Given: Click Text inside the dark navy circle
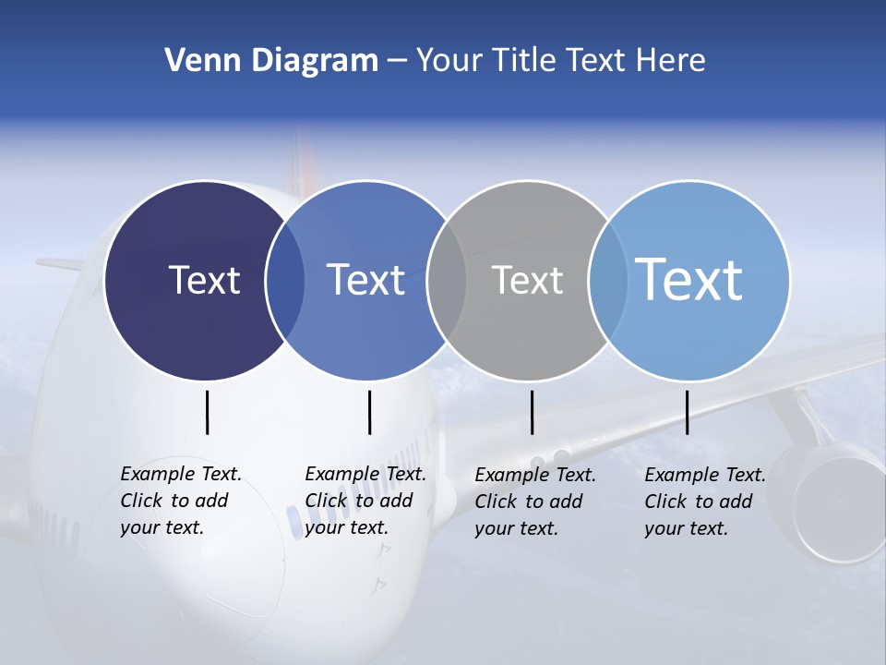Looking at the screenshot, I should pos(204,280).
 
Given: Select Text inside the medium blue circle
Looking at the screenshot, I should pos(365,280).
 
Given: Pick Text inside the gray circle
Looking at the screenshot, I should pos(527,280).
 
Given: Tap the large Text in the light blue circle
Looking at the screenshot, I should pos(689,279).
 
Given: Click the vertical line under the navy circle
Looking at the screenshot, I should pos(207,412).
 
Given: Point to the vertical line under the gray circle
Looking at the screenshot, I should pos(532,412).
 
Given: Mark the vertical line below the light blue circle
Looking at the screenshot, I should pos(687,412).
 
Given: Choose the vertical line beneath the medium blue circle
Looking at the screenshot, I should pos(369,412).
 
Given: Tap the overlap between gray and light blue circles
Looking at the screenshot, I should pos(608,280).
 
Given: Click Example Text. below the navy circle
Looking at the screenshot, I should pos(181,474).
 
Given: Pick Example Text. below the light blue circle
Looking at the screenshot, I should pos(705,475).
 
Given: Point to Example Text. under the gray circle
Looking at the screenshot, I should pos(535,475).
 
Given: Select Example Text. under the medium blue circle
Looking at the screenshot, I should pos(365,474).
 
